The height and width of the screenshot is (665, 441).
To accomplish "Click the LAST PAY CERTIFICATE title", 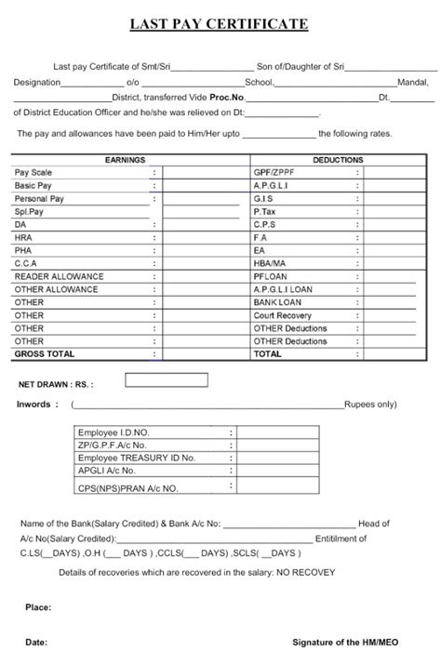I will [220, 23].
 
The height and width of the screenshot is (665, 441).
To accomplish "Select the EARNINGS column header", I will [126, 160].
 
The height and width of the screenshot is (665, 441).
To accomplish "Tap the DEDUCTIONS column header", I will [338, 160].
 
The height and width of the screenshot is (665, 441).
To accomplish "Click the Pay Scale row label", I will [33, 173].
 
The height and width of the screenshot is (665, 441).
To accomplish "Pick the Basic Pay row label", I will [33, 186].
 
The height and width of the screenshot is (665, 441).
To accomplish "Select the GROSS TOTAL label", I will [45, 354].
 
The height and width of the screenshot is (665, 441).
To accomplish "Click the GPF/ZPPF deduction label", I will [274, 173].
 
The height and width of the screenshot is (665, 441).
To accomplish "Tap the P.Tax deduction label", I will [265, 212].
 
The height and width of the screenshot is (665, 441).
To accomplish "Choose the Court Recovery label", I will [283, 315].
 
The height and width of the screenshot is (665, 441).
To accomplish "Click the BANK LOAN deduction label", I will [276, 302].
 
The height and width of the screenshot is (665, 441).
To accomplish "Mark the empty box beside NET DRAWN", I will [167, 379].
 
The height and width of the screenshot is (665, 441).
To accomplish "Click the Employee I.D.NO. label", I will [114, 433].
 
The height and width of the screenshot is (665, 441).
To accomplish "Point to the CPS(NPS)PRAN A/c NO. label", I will [128, 487].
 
